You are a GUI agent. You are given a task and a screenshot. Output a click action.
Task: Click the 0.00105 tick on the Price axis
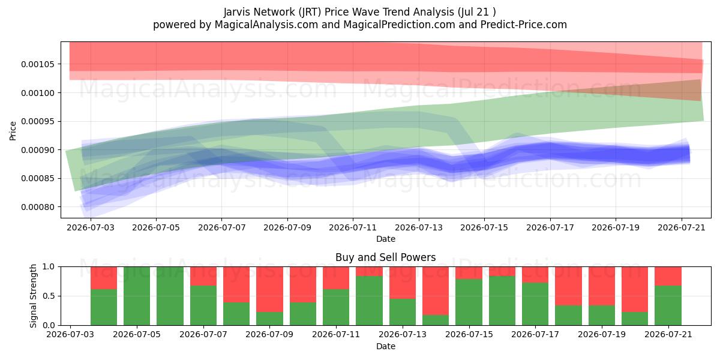pyautogui.click(x=37, y=64)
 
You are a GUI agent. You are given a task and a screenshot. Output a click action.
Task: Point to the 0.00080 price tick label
pyautogui.click(x=37, y=207)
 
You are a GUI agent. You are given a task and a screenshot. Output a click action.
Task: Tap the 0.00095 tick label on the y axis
pyautogui.click(x=37, y=121)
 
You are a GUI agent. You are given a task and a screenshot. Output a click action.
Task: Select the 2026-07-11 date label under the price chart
pyautogui.click(x=353, y=227)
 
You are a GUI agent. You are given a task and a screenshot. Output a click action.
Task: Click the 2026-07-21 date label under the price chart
pyautogui.click(x=682, y=227)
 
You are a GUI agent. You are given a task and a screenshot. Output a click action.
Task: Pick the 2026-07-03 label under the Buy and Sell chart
pyautogui.click(x=70, y=335)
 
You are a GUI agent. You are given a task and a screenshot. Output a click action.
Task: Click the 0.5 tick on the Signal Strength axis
pyautogui.click(x=49, y=296)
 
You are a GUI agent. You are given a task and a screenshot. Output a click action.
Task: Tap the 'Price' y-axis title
pyautogui.click(x=13, y=131)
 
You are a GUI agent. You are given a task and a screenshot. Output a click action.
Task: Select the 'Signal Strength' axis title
pyautogui.click(x=33, y=296)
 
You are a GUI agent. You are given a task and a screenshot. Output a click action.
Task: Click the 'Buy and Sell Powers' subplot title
pyautogui.click(x=385, y=257)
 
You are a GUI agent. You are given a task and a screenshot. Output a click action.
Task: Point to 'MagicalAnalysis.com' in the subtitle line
pyautogui.click(x=266, y=25)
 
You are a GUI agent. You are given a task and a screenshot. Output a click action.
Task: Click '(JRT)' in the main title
pyautogui.click(x=310, y=12)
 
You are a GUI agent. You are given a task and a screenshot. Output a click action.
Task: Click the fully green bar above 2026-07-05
pyautogui.click(x=137, y=296)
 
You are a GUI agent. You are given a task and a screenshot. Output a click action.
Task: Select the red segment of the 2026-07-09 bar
pyautogui.click(x=269, y=289)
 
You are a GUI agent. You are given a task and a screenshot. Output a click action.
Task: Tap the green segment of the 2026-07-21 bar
pyautogui.click(x=668, y=305)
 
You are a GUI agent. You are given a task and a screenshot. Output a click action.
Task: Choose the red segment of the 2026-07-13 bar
pyautogui.click(x=403, y=283)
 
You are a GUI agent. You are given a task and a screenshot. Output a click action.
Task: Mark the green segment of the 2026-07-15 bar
pyautogui.click(x=469, y=302)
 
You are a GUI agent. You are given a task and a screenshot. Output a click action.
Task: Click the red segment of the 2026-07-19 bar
pyautogui.click(x=602, y=286)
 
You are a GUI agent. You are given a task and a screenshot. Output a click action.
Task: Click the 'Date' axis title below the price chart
pyautogui.click(x=385, y=239)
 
